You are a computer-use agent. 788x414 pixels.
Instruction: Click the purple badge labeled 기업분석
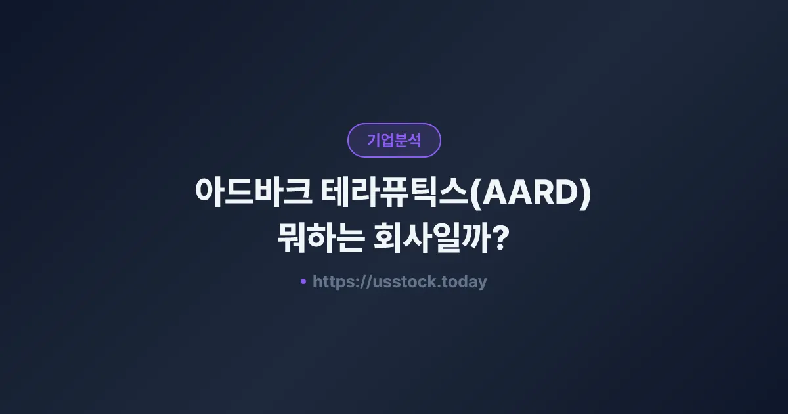coord(394,140)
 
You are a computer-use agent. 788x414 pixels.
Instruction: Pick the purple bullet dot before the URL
coord(303,281)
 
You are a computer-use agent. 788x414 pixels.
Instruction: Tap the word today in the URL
coord(465,282)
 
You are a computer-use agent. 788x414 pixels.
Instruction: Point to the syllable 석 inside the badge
coord(414,140)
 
